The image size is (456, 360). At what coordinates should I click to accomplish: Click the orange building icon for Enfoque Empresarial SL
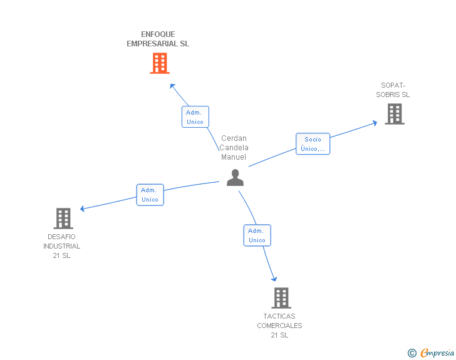[x=160, y=63]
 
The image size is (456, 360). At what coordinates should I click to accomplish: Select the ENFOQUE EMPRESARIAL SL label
[x=158, y=39]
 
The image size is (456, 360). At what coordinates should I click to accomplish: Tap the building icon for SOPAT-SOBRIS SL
[x=394, y=114]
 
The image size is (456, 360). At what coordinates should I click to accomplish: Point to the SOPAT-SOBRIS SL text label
[x=393, y=90]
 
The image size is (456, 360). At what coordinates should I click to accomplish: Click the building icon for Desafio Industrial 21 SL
[x=63, y=219]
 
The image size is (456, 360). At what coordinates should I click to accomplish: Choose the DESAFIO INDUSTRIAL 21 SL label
[x=62, y=246]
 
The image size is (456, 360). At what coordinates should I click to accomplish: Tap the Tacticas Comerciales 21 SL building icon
[x=281, y=298]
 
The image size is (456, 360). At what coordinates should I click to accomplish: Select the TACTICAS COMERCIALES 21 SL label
[x=279, y=326]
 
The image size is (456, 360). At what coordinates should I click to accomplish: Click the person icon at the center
[x=235, y=178]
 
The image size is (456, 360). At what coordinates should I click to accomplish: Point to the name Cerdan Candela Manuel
[x=234, y=148]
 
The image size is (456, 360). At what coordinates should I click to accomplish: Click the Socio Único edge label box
[x=313, y=144]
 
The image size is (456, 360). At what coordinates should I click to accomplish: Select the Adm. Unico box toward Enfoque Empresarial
[x=195, y=117]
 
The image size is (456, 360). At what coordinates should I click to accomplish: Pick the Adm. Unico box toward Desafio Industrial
[x=150, y=195]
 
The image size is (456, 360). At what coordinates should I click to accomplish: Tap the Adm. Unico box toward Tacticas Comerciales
[x=257, y=235]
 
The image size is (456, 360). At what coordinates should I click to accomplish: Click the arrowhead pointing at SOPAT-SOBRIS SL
[x=375, y=123]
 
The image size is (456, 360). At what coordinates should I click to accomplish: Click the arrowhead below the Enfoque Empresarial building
[x=172, y=85]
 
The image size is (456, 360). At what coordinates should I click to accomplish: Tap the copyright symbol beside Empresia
[x=412, y=354]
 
